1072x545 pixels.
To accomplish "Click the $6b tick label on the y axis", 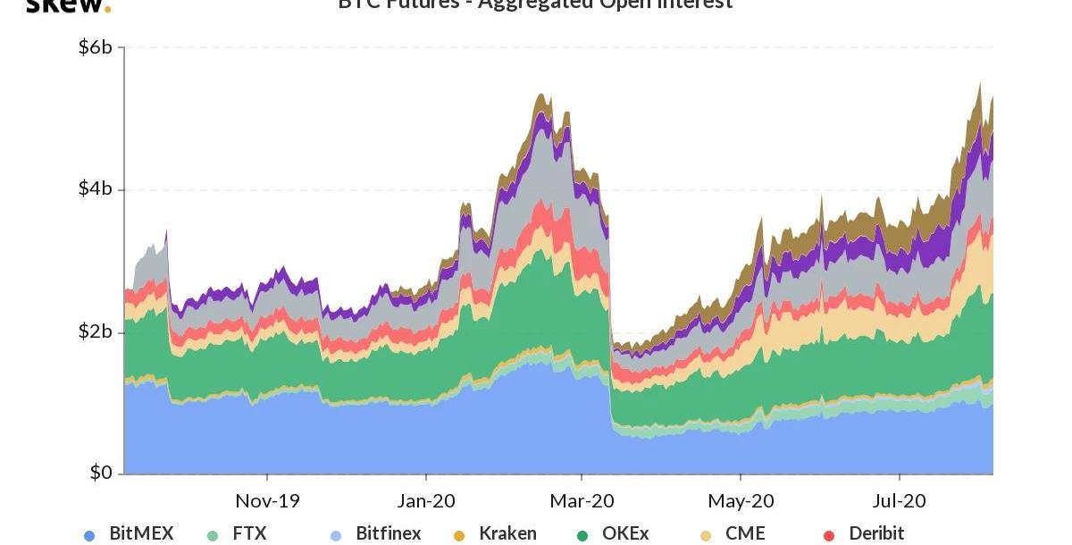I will point(96,47).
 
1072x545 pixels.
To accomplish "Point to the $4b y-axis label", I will point(96,189).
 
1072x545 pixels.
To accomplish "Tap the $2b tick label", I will point(96,331).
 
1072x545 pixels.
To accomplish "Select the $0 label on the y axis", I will point(101,473).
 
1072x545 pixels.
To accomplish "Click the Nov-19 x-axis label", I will point(267,500).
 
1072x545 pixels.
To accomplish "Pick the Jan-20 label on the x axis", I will point(426,500).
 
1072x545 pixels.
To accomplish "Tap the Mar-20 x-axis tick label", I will point(582,500).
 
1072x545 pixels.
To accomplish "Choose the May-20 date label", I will point(741,500).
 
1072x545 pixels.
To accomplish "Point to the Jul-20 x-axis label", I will point(900,500).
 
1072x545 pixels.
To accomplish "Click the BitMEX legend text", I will point(141,533).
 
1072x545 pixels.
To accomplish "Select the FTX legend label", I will point(249,533).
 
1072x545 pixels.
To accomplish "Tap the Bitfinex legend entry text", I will point(389,533).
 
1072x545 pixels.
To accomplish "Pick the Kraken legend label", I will point(507,533).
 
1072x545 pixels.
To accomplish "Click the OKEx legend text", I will point(625,533).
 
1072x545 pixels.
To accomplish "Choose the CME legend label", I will point(745,533).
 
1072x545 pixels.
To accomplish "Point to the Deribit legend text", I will point(876,533).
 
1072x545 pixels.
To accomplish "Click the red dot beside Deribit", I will point(829,536).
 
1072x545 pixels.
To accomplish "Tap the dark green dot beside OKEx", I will point(582,536).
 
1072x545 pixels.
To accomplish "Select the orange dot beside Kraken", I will point(459,536).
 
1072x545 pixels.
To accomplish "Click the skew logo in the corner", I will point(68,5).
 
